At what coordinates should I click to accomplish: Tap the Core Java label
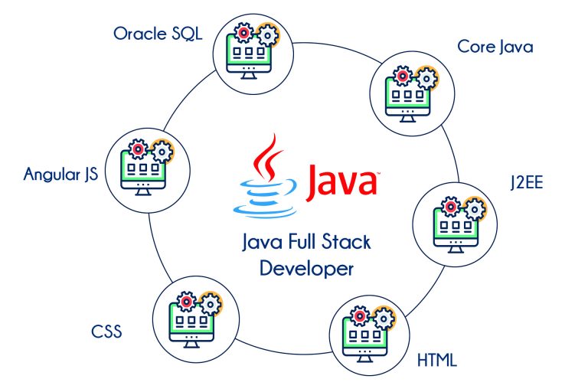click(495, 47)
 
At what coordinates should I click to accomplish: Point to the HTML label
click(438, 358)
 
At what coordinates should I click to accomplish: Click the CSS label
click(106, 332)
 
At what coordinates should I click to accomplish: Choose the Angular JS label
click(63, 174)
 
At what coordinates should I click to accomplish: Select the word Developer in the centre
click(306, 269)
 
